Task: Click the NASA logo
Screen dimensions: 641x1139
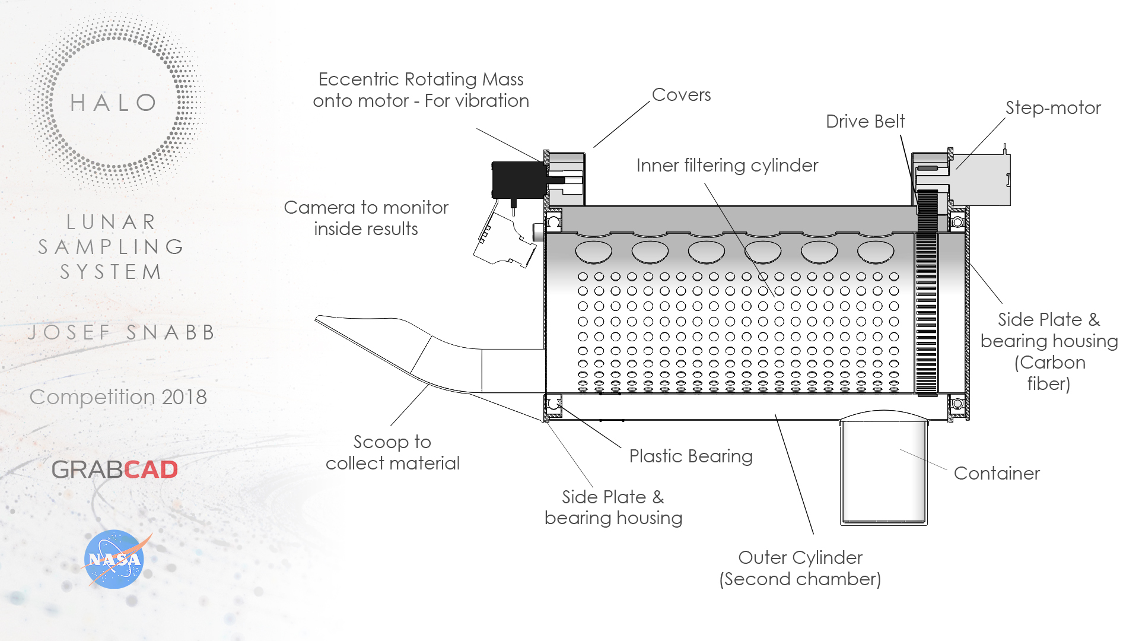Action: click(114, 559)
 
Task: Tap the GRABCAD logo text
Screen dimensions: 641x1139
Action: click(114, 469)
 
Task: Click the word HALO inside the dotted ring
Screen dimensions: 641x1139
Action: click(113, 103)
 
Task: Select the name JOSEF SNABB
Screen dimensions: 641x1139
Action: click(121, 332)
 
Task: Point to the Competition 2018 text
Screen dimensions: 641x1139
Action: click(118, 396)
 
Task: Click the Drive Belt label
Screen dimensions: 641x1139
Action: click(865, 121)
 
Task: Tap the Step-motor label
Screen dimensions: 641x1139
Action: click(1052, 107)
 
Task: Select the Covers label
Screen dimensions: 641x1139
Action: click(681, 94)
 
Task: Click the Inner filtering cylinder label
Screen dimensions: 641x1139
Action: click(727, 165)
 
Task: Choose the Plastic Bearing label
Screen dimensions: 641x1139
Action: click(691, 456)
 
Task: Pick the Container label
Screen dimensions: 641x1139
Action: click(997, 473)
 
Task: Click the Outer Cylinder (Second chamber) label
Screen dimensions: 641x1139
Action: click(800, 568)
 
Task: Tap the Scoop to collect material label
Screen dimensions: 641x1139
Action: click(392, 452)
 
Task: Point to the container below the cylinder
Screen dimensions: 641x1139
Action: click(883, 472)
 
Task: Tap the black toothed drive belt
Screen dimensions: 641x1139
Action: click(926, 297)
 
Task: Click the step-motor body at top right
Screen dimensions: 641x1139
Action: click(982, 179)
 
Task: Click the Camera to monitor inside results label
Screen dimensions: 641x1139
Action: click(366, 218)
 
